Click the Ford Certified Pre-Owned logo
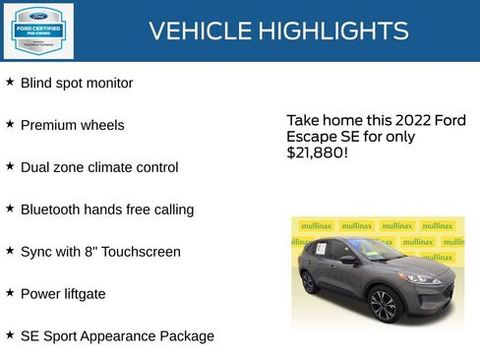37,30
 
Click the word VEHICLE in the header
199,31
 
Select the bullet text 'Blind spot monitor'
77,84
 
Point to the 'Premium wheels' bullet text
73,126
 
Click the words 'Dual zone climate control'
99,167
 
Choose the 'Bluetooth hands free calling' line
107,210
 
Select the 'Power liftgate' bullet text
63,294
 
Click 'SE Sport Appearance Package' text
117,336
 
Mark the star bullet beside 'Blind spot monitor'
10,83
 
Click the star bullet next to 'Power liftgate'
10,293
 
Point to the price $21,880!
317,153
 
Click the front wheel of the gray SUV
383,306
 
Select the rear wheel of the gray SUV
310,283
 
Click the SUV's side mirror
348,260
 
